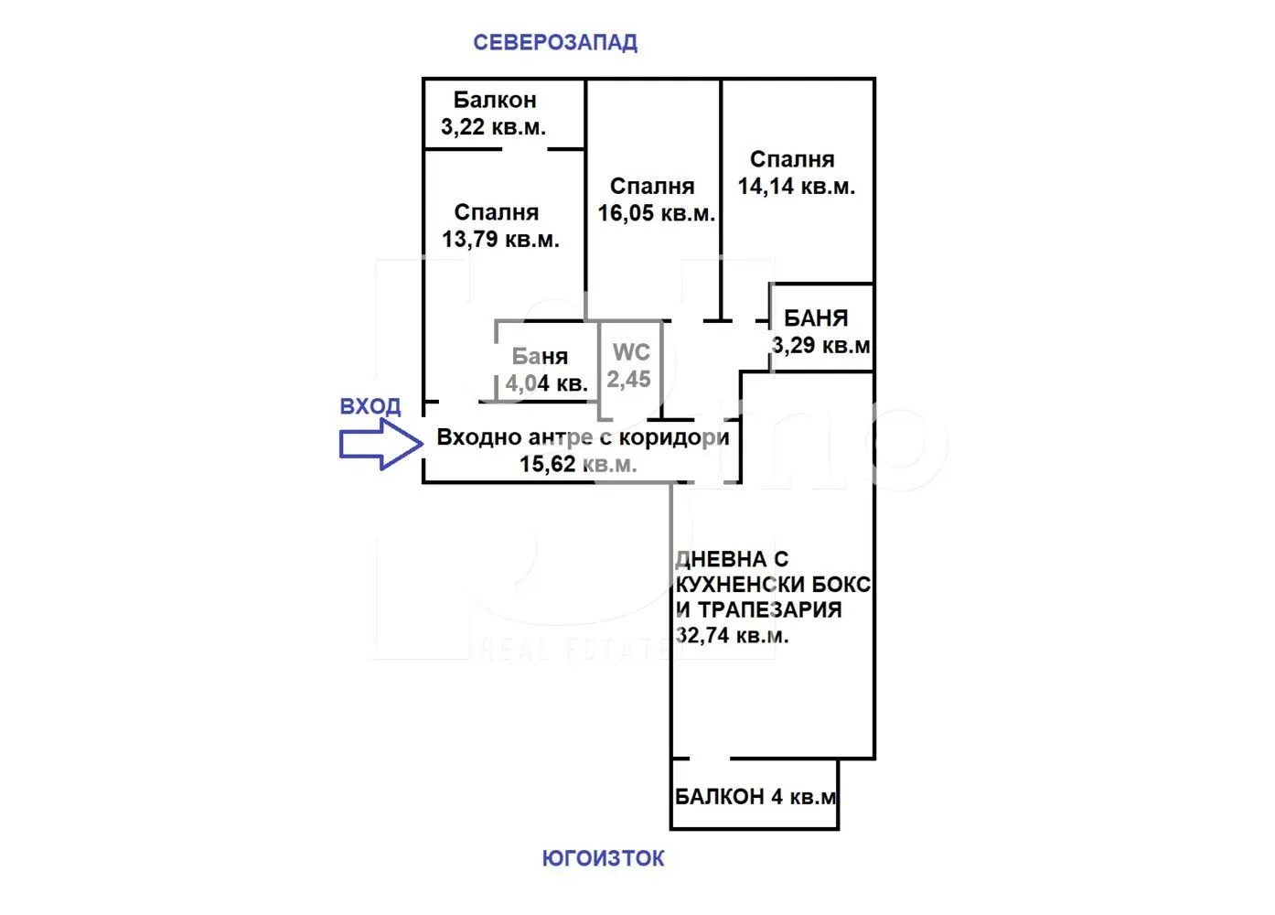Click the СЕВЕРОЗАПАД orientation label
pos(555,43)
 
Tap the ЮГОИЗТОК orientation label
pos(603,858)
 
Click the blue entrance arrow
pos(381,444)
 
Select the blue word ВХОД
pos(370,406)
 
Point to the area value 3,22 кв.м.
pos(494,127)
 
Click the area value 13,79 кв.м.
pos(500,239)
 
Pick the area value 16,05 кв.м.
pos(657,213)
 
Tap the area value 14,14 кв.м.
pos(797,186)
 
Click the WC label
pos(631,352)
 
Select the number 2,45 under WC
pos(628,379)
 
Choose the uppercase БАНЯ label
pos(816,318)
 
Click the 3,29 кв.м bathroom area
pos(821,345)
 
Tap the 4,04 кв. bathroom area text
pos(546,383)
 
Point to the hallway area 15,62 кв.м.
pos(578,464)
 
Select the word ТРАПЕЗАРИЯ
pos(770,609)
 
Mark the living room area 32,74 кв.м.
pos(732,635)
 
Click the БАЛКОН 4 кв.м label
pos(755,797)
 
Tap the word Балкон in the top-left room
pos(495,101)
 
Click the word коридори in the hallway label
pos(674,438)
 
